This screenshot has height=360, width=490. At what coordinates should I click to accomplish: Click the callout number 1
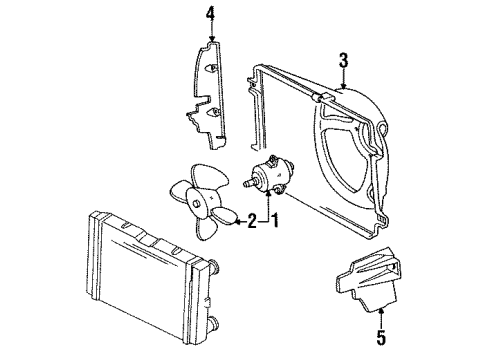[x=275, y=221]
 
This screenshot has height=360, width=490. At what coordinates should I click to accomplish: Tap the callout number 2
[x=252, y=221]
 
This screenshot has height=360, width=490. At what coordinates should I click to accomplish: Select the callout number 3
[x=344, y=60]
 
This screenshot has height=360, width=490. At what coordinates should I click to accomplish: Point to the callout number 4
[x=211, y=14]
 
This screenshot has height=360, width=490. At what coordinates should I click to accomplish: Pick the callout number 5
[x=381, y=337]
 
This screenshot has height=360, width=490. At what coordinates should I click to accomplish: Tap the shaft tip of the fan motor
[x=245, y=184]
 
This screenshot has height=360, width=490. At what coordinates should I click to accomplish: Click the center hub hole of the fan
[x=196, y=203]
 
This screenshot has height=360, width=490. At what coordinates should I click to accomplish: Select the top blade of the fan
[x=208, y=176]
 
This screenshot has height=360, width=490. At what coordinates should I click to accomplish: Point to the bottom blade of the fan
[x=206, y=228]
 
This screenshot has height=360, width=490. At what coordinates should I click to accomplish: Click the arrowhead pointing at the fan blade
[x=237, y=221]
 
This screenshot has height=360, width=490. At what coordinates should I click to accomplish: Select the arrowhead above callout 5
[x=381, y=311]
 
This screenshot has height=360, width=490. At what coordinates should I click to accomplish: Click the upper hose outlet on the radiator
[x=215, y=265]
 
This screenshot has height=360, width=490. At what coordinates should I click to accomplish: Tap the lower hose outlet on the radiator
[x=214, y=323]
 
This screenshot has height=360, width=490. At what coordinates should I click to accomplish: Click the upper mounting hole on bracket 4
[x=211, y=68]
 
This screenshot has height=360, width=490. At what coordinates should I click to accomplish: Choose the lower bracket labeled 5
[x=368, y=279]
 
